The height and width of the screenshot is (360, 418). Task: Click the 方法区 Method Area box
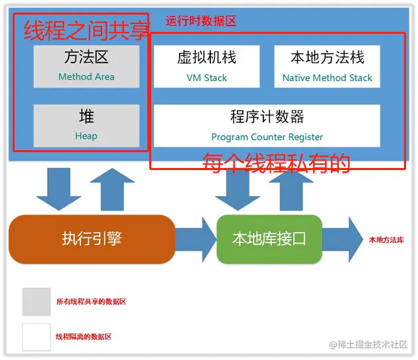tap(86, 66)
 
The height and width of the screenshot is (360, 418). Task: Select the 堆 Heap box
tap(86, 125)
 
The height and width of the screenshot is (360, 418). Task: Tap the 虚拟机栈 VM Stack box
tap(206, 66)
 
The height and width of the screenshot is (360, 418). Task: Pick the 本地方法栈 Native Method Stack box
tap(327, 66)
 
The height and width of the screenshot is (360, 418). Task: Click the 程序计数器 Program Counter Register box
tap(267, 126)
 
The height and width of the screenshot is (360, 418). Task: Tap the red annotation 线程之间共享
tap(86, 31)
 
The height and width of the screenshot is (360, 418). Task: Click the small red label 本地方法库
tap(386, 240)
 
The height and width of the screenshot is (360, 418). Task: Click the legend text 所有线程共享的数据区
tap(91, 302)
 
